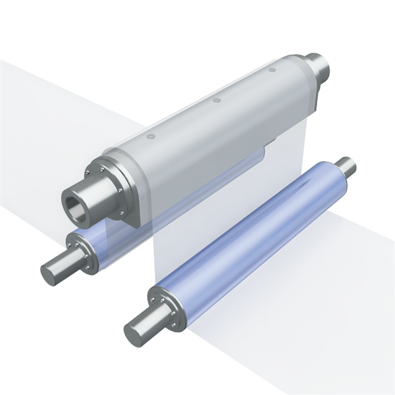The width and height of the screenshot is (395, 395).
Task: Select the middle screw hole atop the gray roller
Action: pyautogui.click(x=216, y=101)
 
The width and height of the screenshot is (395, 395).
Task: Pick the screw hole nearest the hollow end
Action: pyautogui.click(x=151, y=136)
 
